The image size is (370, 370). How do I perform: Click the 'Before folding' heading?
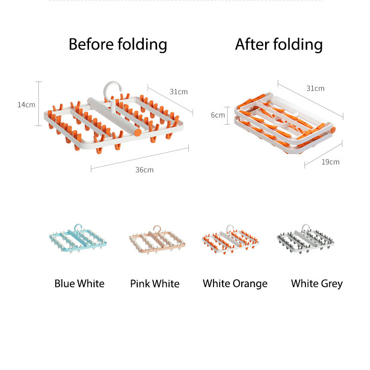point(118,44)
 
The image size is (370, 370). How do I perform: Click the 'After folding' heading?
point(279,44)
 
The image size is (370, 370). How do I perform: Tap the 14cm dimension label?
point(26,105)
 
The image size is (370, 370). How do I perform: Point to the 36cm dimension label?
point(144,170)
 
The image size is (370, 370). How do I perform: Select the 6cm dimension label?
point(218,115)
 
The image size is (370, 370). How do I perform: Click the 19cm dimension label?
point(330,162)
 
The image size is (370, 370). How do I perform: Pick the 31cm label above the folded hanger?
point(315,88)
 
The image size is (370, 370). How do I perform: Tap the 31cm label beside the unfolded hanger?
point(178,91)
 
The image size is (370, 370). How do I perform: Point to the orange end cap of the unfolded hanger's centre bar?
point(138,132)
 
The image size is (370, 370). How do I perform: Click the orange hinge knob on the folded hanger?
point(333,130)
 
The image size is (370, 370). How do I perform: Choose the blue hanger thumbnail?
point(78,238)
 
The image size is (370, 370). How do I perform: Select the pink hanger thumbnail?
point(157,240)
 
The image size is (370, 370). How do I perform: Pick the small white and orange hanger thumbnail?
point(230,239)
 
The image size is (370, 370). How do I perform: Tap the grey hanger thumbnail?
point(305,239)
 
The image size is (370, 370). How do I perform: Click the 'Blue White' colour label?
point(79,283)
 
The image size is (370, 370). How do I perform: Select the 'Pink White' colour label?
point(155,284)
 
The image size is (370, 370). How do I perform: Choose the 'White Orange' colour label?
point(235,284)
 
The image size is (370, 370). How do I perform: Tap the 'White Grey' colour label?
point(317,284)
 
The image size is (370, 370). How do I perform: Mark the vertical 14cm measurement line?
point(38,104)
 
